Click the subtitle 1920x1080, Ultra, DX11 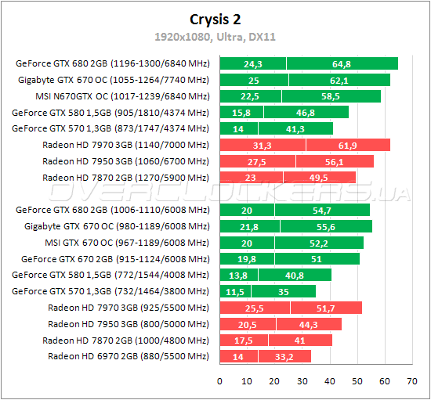215,37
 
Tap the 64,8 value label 342,63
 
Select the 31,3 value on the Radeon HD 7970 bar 263,145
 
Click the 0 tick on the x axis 220,381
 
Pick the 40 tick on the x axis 330,381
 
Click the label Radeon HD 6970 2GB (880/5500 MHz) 129,356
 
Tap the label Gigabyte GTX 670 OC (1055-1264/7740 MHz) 114,80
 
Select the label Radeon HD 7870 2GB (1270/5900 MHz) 125,178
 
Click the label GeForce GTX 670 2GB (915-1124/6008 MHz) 115,258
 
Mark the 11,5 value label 235,291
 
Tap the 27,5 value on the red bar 257,161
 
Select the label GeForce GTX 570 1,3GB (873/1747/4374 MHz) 111,128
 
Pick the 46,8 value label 306,112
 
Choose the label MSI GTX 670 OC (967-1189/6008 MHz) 127,242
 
